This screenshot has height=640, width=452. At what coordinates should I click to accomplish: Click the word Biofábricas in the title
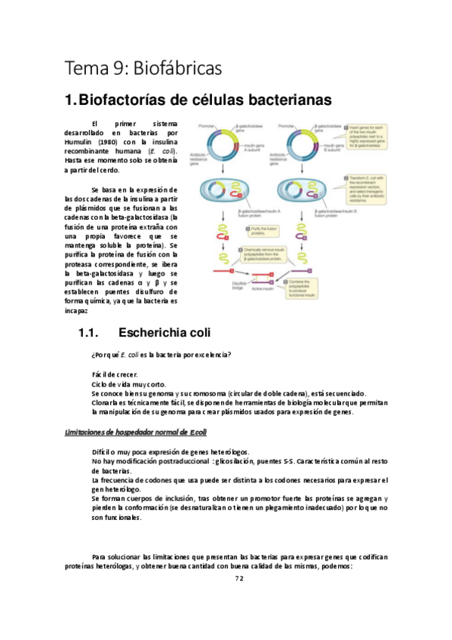coord(183,69)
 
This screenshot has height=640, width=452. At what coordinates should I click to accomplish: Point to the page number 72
coord(239,578)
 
